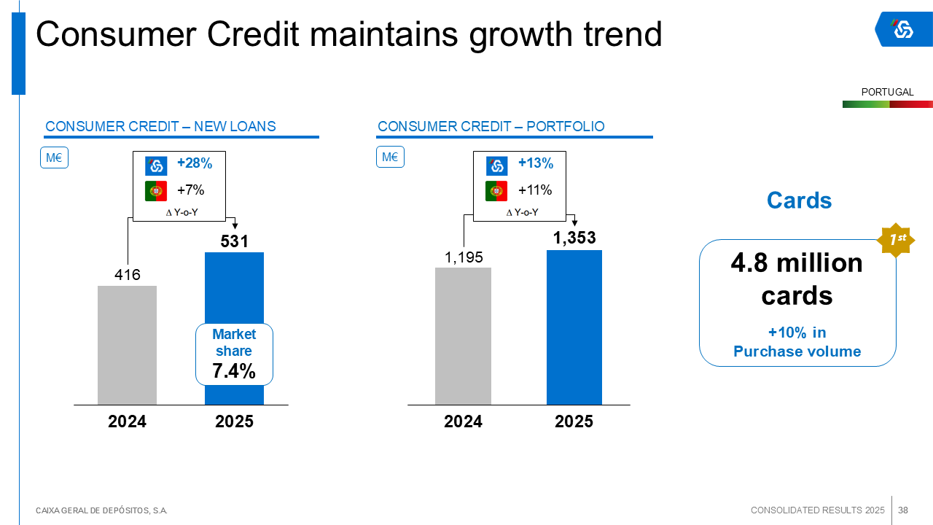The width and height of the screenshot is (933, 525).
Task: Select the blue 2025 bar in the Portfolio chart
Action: point(574,327)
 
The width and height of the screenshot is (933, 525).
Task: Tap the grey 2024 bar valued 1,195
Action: point(463,336)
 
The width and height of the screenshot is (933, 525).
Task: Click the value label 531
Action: point(235,241)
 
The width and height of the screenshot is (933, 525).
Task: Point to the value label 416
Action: point(127,275)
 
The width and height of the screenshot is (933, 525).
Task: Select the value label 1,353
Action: point(574,238)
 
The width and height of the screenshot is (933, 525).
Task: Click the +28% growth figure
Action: point(195,164)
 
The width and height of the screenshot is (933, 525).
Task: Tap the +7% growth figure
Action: point(191,190)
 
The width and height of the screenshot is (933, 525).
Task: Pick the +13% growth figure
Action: point(536,164)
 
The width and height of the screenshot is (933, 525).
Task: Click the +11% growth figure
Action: point(535,190)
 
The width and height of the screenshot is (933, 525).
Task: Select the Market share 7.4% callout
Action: point(234,354)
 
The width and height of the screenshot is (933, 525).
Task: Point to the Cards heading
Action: point(799,201)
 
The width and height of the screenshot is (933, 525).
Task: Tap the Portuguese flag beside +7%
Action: point(156,191)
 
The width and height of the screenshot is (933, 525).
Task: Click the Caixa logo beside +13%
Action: point(497,166)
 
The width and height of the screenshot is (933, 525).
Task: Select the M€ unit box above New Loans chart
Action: point(54,157)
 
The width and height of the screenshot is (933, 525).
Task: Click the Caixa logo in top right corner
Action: point(903,29)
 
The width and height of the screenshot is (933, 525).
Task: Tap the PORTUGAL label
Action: point(887,93)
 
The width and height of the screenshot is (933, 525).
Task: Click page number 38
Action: point(903,510)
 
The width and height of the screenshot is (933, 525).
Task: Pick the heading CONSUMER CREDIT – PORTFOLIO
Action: point(491,127)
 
